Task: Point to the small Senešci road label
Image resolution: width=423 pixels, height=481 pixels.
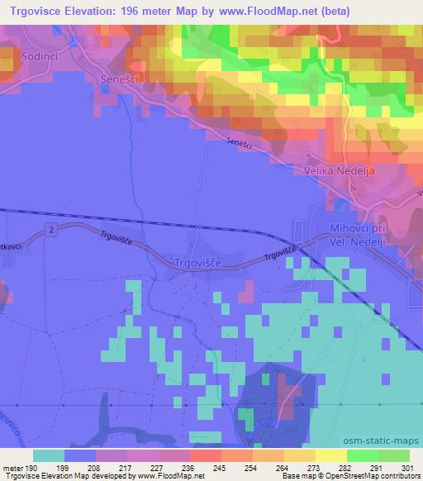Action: [239, 143]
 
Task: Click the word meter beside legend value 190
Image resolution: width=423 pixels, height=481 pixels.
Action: [12, 467]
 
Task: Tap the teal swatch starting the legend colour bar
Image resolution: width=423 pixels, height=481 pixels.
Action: [49, 455]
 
